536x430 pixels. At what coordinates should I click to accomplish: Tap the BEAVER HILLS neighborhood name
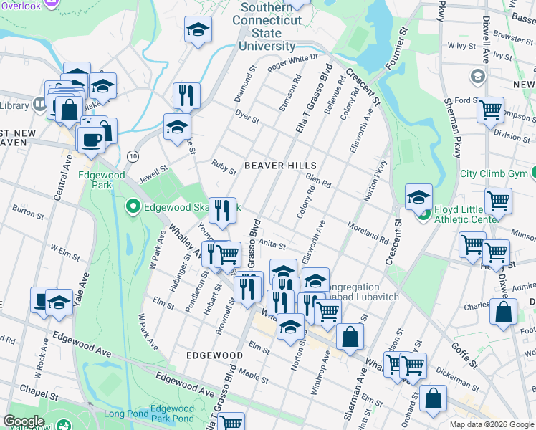pos(275,165)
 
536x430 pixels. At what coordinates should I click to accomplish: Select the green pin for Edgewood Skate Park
pos(133,208)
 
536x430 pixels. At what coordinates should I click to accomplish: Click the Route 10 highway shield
pos(133,156)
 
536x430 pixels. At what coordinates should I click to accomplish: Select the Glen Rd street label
pos(317,181)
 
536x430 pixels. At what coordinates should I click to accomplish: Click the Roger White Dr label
pos(292,62)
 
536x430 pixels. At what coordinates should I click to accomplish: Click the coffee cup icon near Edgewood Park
pos(91,140)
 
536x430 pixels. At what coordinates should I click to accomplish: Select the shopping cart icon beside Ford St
pos(490,110)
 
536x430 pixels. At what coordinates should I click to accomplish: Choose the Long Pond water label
pos(125,414)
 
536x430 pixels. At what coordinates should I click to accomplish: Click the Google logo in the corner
pos(24,421)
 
